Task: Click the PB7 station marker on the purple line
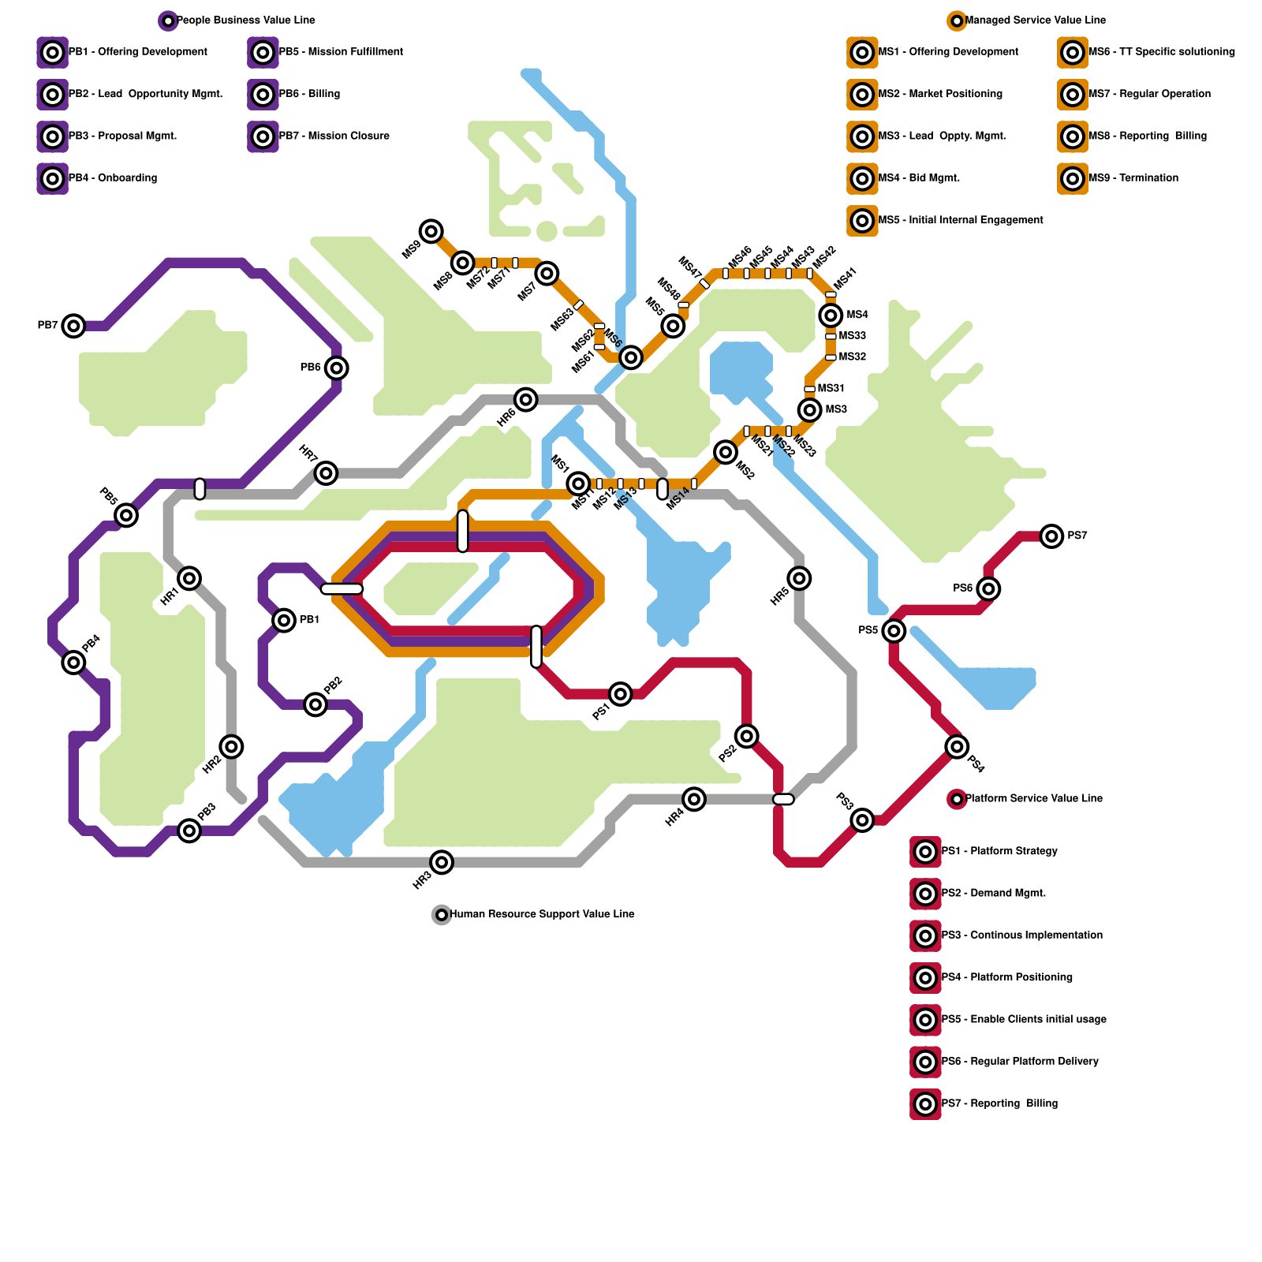73,325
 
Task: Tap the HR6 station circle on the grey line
526,399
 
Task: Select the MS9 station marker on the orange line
431,231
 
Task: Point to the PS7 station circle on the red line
1051,536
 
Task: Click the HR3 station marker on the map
442,862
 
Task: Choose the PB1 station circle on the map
284,620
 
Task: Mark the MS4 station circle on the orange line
831,315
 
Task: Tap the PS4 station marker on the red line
957,746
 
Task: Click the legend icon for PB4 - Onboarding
53,179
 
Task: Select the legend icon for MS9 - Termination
1073,179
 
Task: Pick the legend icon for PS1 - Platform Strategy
925,852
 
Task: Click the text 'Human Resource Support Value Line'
542,914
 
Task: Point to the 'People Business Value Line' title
245,21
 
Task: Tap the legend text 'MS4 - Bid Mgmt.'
919,178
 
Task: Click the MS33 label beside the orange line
853,336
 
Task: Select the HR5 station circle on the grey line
799,578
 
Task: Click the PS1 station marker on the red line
621,694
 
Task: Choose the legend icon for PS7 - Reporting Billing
925,1104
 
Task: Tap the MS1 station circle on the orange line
578,484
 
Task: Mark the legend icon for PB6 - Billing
263,95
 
